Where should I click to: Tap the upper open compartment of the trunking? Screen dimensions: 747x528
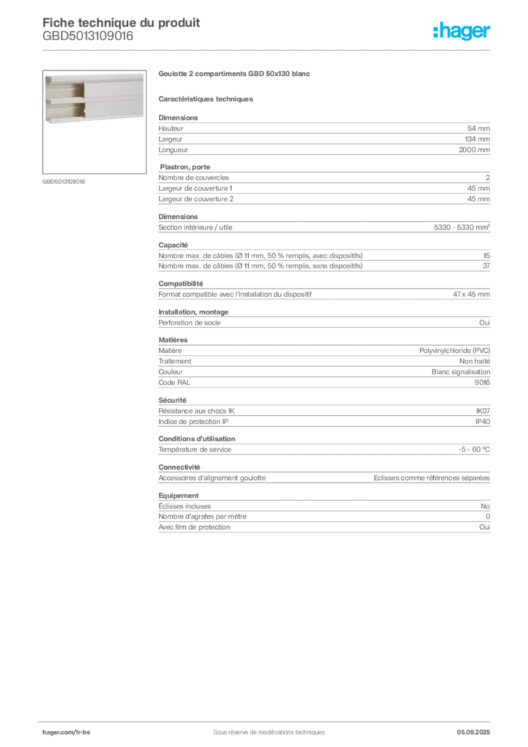pos(65,88)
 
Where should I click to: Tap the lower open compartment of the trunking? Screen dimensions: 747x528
pos(65,110)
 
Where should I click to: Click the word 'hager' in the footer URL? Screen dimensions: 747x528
pos(53,731)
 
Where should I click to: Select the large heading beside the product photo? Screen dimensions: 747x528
pos(236,74)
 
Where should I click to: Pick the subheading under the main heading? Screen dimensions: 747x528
pos(207,98)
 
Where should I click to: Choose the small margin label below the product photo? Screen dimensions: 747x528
pos(64,181)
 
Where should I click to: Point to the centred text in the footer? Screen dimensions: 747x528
pos(263,729)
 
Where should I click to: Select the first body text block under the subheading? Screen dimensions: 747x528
pos(323,135)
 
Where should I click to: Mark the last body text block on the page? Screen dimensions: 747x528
pos(323,515)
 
